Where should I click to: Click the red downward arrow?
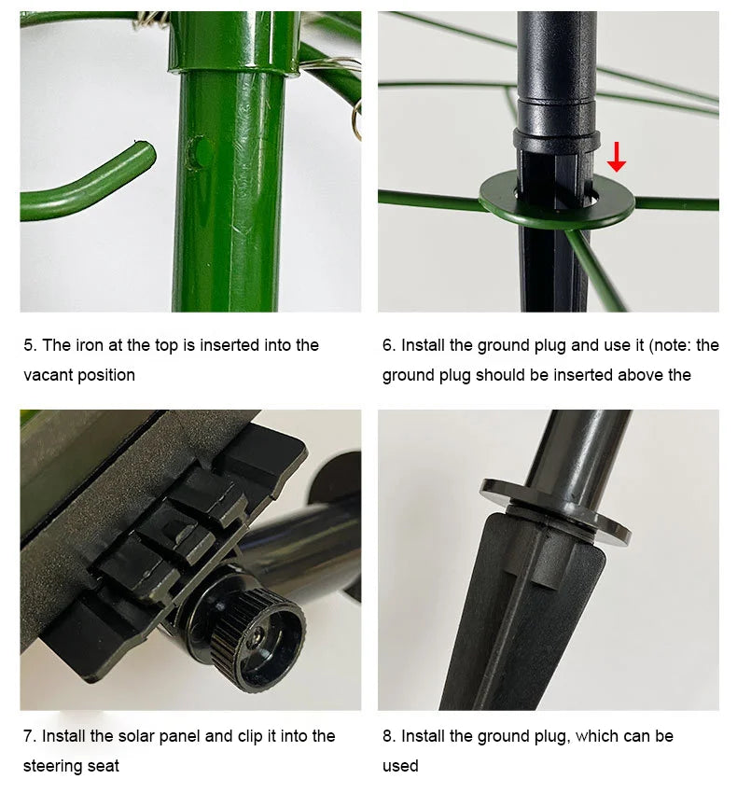tap(616, 157)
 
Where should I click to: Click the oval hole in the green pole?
tap(196, 152)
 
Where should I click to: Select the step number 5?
tap(30, 345)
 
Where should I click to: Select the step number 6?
tap(388, 345)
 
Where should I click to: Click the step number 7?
tap(29, 736)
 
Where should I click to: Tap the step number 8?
tap(388, 736)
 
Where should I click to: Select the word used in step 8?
tap(400, 766)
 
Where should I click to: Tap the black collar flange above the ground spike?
tap(555, 511)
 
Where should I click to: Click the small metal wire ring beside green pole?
tap(356, 119)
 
